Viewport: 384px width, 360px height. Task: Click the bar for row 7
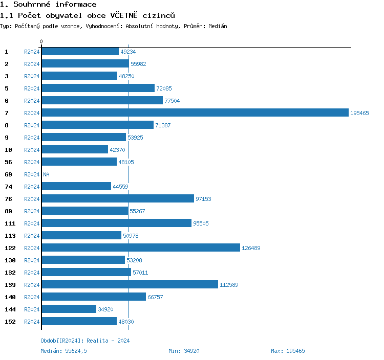click(x=195, y=113)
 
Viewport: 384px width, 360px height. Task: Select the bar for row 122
click(x=141, y=248)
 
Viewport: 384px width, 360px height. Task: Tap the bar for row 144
click(x=69, y=309)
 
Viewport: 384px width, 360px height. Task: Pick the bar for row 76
click(x=118, y=199)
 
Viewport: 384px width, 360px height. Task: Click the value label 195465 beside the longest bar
click(x=359, y=113)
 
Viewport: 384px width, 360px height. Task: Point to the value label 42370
click(x=118, y=150)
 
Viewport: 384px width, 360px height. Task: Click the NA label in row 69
click(x=46, y=174)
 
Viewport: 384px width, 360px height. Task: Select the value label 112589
click(x=229, y=285)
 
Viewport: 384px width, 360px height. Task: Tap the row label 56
click(x=8, y=162)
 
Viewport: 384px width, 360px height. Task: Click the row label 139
click(x=10, y=285)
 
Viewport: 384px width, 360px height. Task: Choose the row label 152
click(x=10, y=322)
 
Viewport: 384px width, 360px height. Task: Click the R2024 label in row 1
click(x=32, y=52)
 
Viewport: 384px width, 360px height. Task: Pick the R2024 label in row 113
click(x=32, y=236)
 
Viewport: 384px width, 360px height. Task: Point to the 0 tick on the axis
click(x=41, y=41)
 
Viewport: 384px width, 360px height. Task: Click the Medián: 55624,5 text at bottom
click(x=67, y=351)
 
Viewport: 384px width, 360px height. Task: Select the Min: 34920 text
click(x=184, y=351)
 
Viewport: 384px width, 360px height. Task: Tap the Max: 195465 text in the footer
click(x=288, y=351)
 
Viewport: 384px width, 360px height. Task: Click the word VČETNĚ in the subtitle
click(x=125, y=15)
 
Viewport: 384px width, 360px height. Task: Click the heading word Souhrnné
click(x=31, y=5)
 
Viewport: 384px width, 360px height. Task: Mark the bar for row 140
click(x=94, y=297)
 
